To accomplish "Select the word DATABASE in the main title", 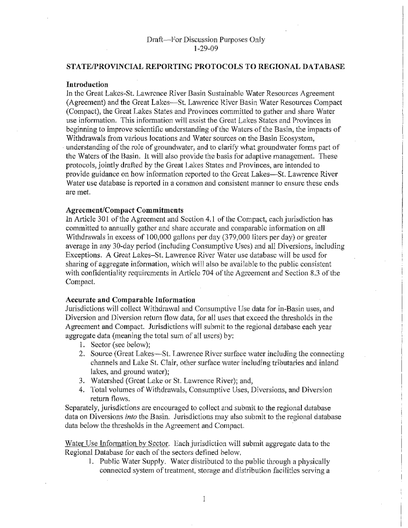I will pyautogui.click(x=313, y=67).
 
